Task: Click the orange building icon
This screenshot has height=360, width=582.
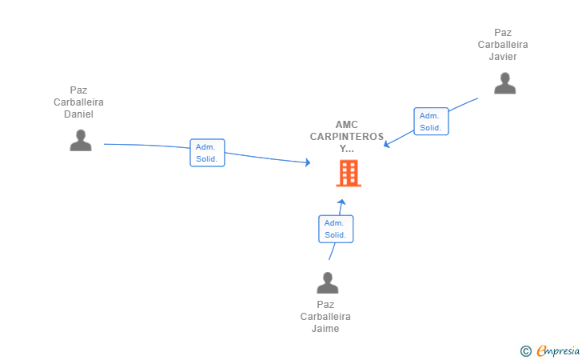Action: [349, 173]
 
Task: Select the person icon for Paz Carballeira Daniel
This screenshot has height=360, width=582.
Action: [81, 140]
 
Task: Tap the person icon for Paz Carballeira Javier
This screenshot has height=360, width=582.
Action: [504, 83]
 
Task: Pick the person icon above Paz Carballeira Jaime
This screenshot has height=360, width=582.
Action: [328, 282]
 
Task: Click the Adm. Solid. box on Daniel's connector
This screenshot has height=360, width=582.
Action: [207, 153]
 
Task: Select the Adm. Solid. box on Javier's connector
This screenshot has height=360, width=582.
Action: [431, 122]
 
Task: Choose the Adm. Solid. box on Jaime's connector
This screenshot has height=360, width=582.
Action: [336, 229]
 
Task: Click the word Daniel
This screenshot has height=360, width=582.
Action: [78, 114]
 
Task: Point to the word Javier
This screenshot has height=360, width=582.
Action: [503, 57]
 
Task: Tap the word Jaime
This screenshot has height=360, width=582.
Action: [325, 329]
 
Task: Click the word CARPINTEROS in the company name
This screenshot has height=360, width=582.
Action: [347, 137]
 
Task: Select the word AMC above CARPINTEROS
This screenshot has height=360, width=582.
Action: [347, 125]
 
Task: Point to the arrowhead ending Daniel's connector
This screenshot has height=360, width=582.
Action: [308, 162]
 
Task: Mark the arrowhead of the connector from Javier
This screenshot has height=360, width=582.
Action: [386, 144]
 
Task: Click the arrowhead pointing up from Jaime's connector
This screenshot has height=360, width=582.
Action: [342, 202]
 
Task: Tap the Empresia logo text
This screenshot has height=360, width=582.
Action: [558, 350]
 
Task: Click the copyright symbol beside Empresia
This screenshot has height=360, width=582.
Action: [525, 351]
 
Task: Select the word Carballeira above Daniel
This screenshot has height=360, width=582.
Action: [78, 102]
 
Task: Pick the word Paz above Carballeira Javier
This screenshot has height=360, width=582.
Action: [503, 33]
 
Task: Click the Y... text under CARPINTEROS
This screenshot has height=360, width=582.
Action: [347, 149]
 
